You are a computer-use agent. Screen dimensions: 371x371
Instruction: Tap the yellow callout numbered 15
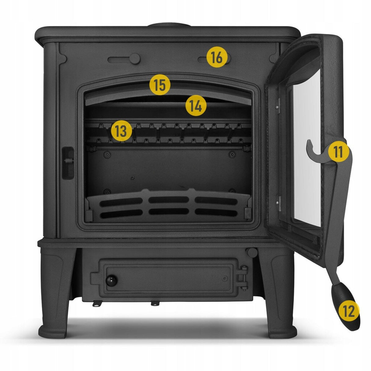160,85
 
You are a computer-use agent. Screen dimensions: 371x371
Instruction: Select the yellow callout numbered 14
196,105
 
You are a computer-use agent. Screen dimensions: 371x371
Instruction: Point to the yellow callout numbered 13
122,131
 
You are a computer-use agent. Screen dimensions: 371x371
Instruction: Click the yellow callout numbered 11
339,152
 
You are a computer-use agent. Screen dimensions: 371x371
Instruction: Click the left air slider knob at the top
135,59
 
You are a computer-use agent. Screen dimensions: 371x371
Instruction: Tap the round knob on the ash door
111,281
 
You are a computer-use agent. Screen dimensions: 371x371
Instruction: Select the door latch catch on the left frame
68,163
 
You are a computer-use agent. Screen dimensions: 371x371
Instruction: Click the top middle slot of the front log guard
168,200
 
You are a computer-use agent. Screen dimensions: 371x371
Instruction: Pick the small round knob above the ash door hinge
252,253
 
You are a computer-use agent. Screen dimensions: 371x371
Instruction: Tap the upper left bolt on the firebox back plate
107,154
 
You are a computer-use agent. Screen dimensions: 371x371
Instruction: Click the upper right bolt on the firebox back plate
232,154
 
